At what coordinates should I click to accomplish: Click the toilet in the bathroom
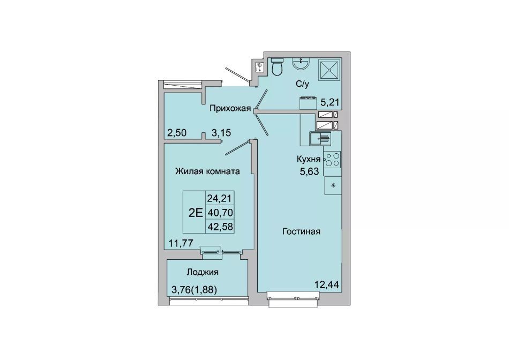coord(276,66)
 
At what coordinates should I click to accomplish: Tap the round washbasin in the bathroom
coord(301,63)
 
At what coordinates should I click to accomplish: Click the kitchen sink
coord(320,139)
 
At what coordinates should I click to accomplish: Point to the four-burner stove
coord(332,159)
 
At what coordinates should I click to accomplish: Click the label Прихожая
coord(230,108)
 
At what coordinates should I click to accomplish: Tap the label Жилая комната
coord(207,171)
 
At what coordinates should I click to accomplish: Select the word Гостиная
coord(301,231)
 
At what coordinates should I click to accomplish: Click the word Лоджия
coord(203,272)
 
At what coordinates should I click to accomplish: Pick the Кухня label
coord(309,159)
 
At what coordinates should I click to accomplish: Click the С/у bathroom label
coord(302,84)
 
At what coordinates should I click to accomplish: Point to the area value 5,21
coord(330,102)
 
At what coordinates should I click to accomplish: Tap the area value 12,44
coord(327,285)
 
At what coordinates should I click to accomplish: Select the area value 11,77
coord(181,243)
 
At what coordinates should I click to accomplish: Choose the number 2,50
coord(177,132)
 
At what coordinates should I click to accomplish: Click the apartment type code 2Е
coord(196,213)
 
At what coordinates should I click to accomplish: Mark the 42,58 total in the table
coord(220,227)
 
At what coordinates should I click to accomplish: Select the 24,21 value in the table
coord(220,198)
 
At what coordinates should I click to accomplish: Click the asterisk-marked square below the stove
coord(333,186)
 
